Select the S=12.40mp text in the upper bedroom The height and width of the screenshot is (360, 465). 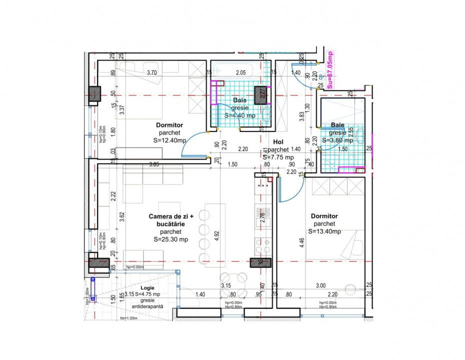(170, 141)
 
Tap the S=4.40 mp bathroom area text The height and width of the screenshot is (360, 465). (240, 115)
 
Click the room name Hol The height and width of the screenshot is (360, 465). (278, 142)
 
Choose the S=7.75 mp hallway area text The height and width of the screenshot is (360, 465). (278, 157)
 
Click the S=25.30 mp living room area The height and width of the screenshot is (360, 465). (170, 239)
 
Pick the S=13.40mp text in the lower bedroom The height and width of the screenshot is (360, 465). (324, 231)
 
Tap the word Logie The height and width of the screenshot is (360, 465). (147, 288)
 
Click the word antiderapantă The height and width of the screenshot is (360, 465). (147, 306)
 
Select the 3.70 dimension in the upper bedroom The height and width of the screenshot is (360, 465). (152, 73)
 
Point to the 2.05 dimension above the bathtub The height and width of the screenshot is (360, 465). (241, 73)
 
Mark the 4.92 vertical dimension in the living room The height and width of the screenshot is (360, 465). (216, 236)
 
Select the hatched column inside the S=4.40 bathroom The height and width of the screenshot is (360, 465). (261, 95)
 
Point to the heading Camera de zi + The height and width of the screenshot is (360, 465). (170, 216)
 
